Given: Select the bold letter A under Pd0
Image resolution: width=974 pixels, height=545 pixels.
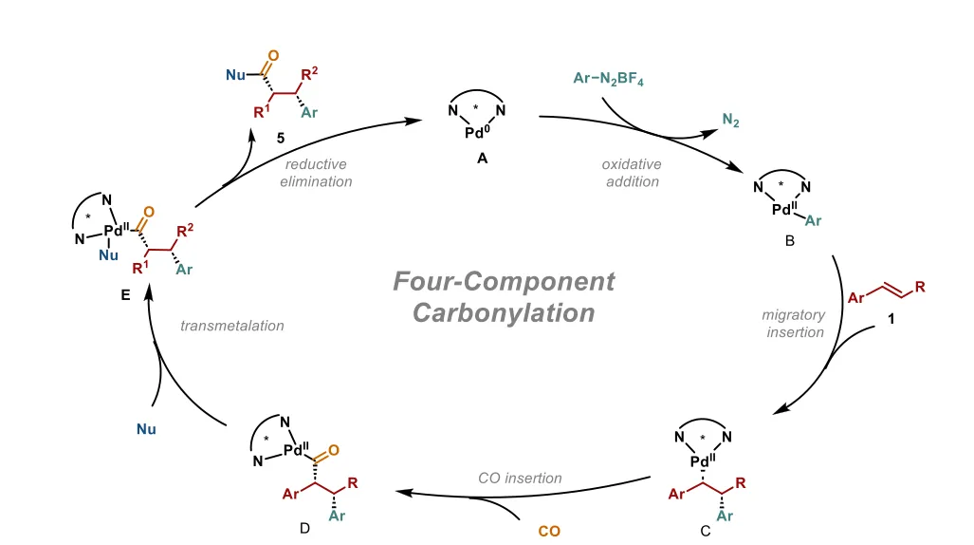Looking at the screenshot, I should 482,160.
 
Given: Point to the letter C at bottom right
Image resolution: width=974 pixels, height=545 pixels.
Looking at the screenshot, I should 705,531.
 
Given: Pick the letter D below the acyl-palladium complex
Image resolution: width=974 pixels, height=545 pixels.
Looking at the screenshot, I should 304,528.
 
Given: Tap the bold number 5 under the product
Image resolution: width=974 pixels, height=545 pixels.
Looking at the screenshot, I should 281,137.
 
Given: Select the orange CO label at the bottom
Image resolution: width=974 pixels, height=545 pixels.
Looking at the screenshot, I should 549,531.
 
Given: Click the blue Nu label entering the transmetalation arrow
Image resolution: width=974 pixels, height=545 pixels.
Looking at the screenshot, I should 146,429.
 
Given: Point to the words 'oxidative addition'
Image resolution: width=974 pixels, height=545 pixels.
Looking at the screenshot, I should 632,173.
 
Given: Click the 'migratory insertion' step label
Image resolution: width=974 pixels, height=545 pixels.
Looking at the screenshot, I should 793,323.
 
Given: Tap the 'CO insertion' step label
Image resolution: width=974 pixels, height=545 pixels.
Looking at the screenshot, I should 520,478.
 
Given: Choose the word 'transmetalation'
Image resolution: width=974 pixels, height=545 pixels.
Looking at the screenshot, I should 232,326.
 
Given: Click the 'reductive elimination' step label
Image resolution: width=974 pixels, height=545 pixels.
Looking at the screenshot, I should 316,173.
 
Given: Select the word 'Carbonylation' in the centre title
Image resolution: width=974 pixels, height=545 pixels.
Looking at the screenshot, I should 504,312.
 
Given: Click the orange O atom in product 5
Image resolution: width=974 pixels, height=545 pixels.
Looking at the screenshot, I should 274,55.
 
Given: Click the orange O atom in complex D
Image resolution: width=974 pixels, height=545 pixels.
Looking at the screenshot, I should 333,452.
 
